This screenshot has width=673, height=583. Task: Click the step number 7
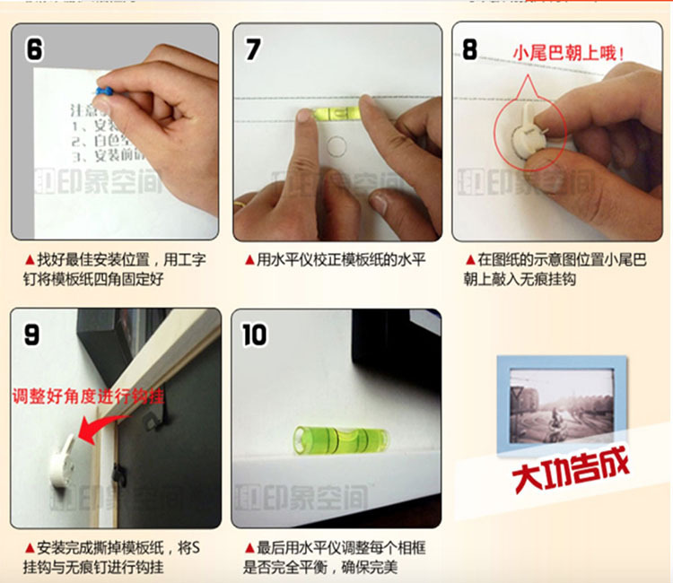click(253, 48)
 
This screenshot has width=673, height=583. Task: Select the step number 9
click(31, 335)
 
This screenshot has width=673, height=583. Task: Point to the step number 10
click(255, 335)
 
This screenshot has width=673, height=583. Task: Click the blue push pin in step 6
click(104, 90)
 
